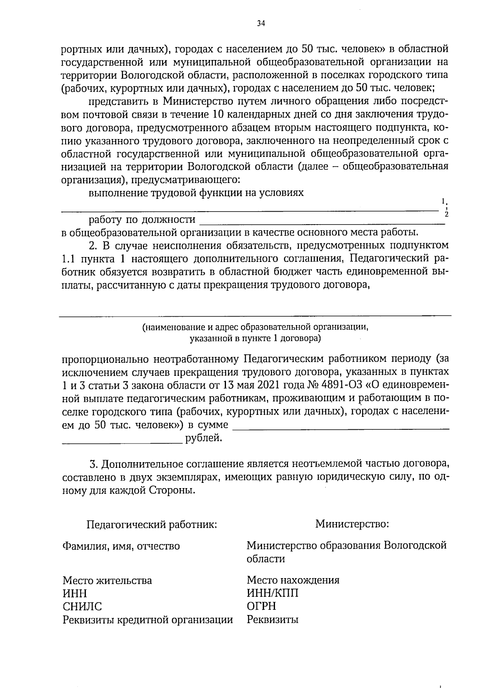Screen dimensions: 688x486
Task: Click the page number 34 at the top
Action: point(261,24)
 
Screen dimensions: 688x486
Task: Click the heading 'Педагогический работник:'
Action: point(152,525)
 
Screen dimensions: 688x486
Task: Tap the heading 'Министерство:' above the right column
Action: point(352,524)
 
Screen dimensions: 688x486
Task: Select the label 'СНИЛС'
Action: point(82,607)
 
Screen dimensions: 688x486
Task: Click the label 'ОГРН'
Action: point(261,606)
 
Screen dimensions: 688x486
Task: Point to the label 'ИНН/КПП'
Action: point(273,593)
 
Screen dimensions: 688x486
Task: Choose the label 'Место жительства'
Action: point(107,581)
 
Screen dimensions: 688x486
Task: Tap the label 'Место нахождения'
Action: point(293,580)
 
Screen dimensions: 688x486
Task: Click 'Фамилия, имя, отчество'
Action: point(121,546)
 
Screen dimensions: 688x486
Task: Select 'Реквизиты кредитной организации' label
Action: point(148,620)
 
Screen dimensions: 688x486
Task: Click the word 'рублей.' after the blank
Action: point(204,438)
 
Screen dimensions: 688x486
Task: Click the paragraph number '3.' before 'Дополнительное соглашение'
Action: point(94,464)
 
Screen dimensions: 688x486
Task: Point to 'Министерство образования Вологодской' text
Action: point(347,545)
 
